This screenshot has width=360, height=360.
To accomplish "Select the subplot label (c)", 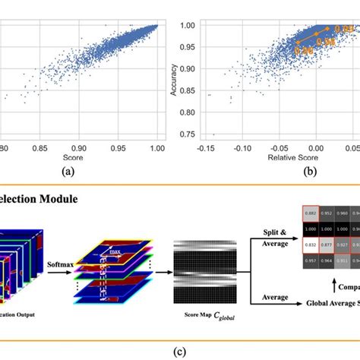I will point(180,352).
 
